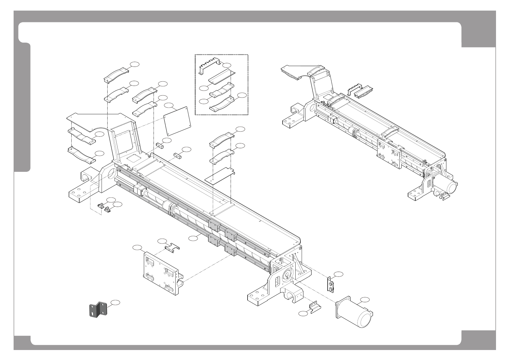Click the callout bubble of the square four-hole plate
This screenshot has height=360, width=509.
(x=170, y=106)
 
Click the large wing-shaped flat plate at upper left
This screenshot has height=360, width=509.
(x=94, y=121)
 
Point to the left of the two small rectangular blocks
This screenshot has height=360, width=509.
(x=159, y=145)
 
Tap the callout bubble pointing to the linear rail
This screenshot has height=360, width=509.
(x=193, y=239)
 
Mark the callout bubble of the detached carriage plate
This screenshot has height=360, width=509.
(x=137, y=248)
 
